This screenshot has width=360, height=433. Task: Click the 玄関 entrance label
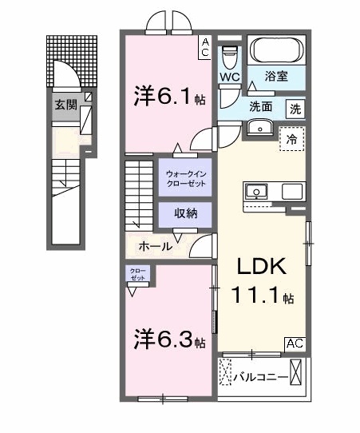65,104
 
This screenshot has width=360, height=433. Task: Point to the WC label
231,77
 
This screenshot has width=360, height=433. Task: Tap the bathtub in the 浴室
275,52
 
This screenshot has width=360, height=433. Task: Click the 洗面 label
259,105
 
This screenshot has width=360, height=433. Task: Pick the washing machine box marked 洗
295,106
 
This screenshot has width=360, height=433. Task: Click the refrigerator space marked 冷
292,138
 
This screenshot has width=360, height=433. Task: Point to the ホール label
156,246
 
